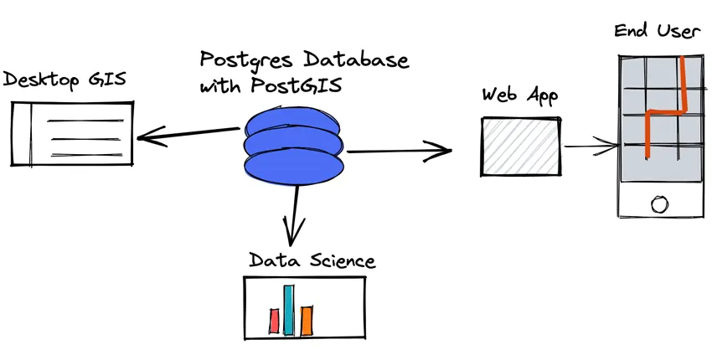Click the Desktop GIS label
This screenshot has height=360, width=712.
click(64, 80)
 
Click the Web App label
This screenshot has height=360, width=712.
click(520, 94)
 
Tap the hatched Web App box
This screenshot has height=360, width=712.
click(520, 147)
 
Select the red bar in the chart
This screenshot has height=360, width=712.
click(274, 320)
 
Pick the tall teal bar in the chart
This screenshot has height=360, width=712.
click(289, 310)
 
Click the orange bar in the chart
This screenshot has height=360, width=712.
click(307, 319)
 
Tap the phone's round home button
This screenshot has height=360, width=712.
click(659, 203)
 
